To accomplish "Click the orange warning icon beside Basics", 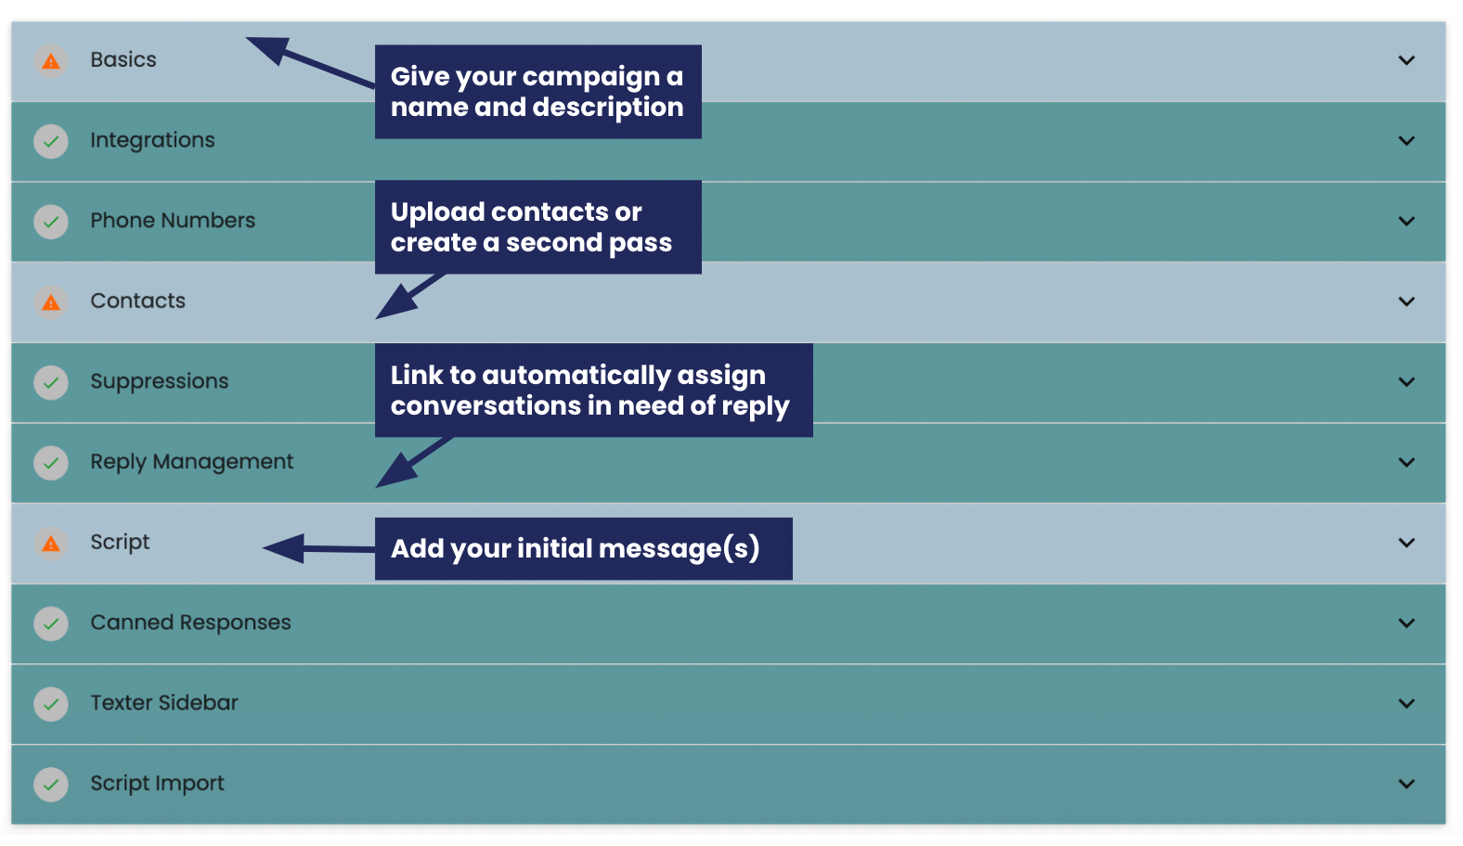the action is click(x=51, y=61).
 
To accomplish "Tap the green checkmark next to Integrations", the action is click(x=51, y=142).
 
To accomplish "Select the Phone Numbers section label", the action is click(x=173, y=221).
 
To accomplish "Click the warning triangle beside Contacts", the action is click(x=51, y=302).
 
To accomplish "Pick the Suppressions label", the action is click(x=159, y=381).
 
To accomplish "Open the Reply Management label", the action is click(x=191, y=462).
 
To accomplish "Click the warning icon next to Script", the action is click(x=51, y=544).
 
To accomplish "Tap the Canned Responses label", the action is click(x=190, y=622).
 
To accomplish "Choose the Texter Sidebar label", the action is click(x=164, y=703).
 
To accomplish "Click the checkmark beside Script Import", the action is click(x=51, y=785).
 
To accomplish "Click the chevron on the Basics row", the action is click(x=1406, y=61).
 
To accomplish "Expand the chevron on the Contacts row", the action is click(x=1406, y=302).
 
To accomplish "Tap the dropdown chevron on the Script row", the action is click(x=1406, y=544).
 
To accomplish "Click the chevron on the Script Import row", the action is click(x=1406, y=785).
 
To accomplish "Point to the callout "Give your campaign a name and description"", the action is click(x=537, y=92).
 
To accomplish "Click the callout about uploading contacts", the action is click(x=537, y=227).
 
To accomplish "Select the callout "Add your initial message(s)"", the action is click(x=583, y=549).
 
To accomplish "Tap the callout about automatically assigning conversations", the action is click(x=593, y=391).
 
